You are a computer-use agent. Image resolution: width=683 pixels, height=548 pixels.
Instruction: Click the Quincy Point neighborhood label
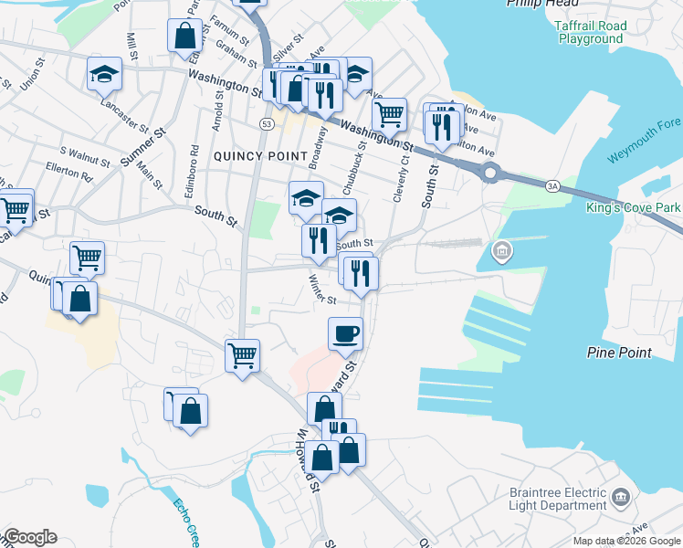tap(260, 156)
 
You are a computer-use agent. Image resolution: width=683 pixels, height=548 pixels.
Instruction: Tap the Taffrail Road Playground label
tap(591, 33)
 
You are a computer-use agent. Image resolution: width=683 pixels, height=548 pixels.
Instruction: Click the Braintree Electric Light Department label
tap(558, 499)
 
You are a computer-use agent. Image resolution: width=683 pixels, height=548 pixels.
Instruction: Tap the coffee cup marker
tap(345, 333)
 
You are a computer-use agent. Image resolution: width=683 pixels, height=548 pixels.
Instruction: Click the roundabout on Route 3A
tap(491, 172)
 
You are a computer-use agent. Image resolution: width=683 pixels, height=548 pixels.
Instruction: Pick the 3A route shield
tap(552, 186)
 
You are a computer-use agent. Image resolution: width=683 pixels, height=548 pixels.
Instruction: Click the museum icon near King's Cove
tap(500, 250)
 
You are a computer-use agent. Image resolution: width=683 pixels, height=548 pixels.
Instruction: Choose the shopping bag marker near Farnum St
tap(184, 37)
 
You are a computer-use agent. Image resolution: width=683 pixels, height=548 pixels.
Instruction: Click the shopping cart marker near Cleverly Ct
tap(390, 114)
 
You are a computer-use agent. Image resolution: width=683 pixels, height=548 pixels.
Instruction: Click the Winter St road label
tap(322, 290)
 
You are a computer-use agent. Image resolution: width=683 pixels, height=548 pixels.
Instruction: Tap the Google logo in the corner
tap(30, 537)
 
